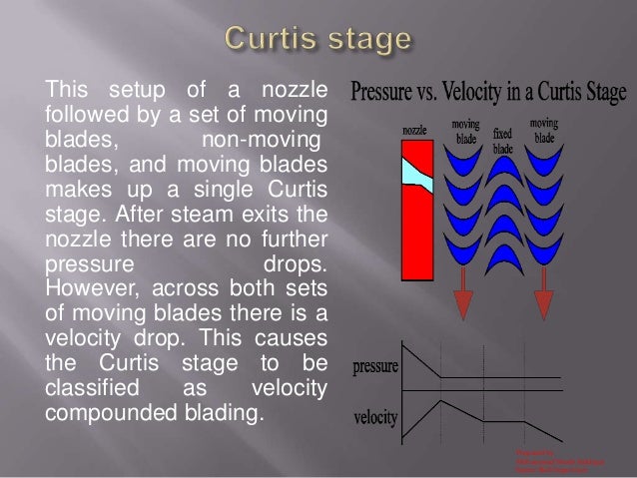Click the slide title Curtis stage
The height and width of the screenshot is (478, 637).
[x=318, y=42]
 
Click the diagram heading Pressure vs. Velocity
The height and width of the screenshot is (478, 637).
[x=488, y=97]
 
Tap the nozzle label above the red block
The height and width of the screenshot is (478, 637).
[x=415, y=131]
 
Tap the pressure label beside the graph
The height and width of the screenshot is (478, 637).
[x=375, y=365]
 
